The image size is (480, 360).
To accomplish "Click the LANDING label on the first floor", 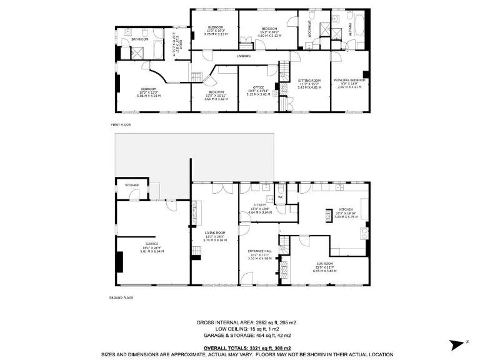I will point(244,56).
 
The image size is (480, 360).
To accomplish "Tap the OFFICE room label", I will point(258,87).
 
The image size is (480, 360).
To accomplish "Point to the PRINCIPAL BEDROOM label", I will point(349,81).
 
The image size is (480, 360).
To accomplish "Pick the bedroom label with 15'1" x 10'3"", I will point(269,29).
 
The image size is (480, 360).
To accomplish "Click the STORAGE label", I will point(132,185).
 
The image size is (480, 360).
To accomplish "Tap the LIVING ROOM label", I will point(214,232).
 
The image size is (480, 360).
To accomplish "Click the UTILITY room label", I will point(260,205).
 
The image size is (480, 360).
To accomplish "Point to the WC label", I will point(281,197).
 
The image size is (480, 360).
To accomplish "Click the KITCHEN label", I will point(346,209).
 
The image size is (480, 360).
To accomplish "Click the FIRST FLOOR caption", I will point(120,125).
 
